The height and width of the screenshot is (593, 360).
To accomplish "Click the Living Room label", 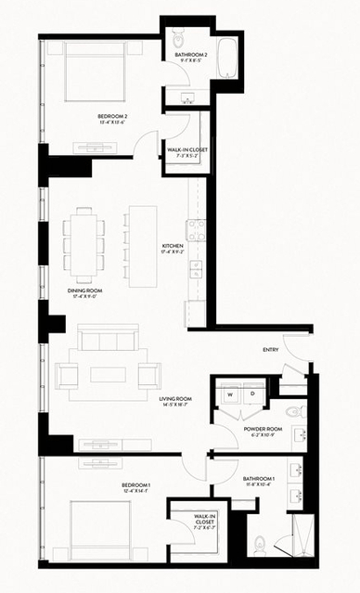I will pos(174,402).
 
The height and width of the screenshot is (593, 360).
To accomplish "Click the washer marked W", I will pos(227,393).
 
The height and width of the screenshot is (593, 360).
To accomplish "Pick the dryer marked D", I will pos(251,393).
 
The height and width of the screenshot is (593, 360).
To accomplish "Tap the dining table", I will pos(81,244).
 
